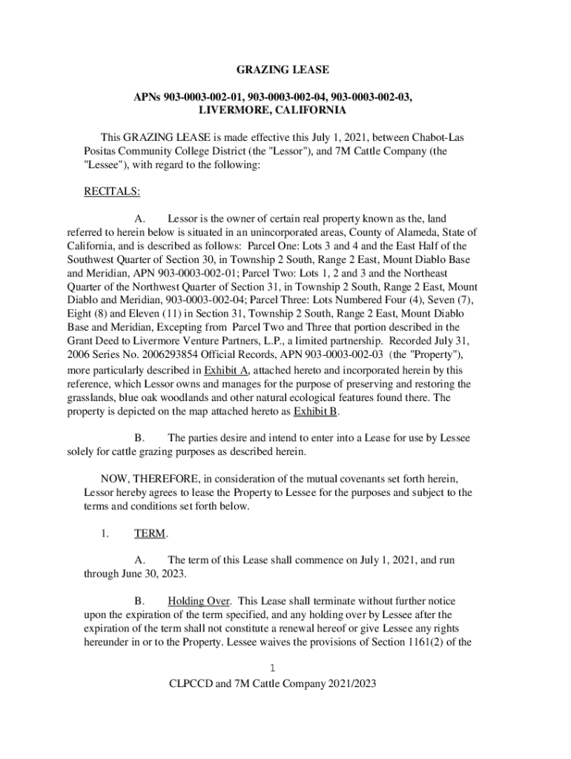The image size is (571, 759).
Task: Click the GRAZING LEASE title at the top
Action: click(x=283, y=70)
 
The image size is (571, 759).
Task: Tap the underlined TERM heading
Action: click(x=151, y=534)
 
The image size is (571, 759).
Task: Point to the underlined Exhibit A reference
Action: click(x=226, y=371)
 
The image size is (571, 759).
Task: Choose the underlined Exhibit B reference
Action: click(x=316, y=412)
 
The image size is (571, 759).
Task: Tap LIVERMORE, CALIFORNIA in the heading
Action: click(x=273, y=110)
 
